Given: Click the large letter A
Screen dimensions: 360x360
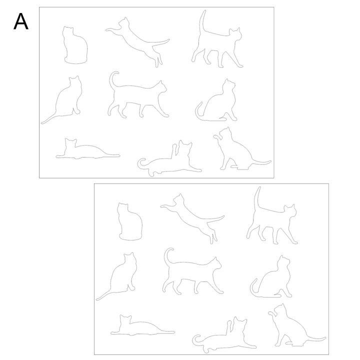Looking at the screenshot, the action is pos(21,21).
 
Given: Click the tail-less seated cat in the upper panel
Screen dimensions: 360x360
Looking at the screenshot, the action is pos(75,45).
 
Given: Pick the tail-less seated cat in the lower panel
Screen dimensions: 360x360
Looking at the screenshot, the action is pos(130,221).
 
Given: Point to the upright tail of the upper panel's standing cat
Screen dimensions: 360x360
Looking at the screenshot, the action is pos(202,22).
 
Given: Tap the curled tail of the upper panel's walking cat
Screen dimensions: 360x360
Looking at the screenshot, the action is pos(112,79).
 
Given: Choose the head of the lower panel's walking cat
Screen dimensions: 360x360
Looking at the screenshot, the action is pos(216,263).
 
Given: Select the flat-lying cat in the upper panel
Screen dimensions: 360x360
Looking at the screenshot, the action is pos(87,149).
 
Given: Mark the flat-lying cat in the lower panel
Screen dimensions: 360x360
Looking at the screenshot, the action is pos(142,325).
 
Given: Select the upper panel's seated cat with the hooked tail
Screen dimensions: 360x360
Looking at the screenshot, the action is pos(216,100).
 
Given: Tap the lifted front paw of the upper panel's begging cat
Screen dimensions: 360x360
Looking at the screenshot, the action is pos(216,137).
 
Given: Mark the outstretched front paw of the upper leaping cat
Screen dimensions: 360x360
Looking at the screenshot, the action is pos(109,30).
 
